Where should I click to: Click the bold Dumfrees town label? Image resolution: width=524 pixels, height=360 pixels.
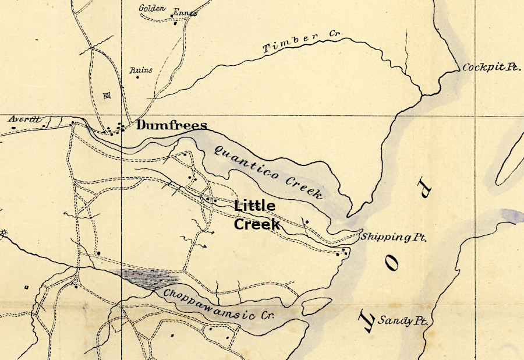[172, 125]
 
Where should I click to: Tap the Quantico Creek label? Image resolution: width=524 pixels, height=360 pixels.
[268, 172]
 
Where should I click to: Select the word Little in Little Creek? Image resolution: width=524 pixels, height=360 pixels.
[254, 206]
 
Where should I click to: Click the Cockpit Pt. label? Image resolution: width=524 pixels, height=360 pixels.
[491, 68]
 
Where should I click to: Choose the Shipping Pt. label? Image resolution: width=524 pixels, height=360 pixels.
[394, 238]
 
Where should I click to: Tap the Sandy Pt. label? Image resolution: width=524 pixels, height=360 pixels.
[399, 320]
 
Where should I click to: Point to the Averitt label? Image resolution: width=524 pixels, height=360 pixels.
[24, 119]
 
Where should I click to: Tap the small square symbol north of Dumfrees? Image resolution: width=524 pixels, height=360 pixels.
[106, 96]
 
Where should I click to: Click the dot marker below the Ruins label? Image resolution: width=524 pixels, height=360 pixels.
[138, 79]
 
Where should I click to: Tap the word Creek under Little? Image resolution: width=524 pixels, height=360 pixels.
[257, 224]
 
